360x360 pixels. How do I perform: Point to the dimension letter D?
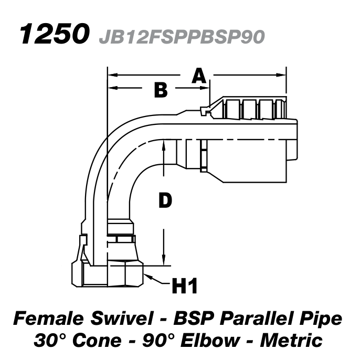165,200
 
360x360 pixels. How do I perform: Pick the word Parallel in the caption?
254,319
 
